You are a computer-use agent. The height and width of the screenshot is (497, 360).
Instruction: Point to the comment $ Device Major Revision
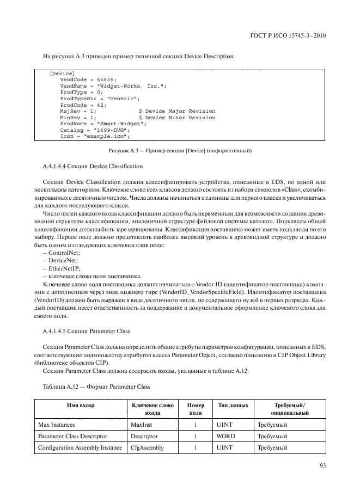click(x=177, y=111)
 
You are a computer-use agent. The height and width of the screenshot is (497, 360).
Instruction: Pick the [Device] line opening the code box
click(x=62, y=73)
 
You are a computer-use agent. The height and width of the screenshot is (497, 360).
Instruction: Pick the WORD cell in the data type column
click(x=225, y=435)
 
